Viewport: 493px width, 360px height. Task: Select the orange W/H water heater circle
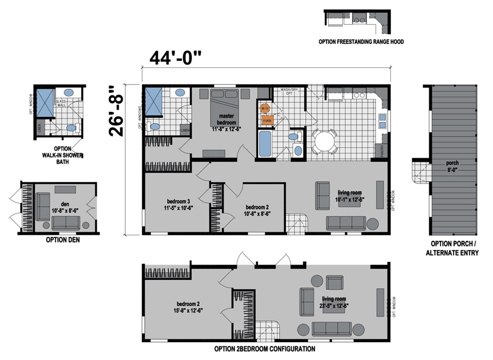[265, 109]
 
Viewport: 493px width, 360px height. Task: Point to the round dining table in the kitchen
[325, 140]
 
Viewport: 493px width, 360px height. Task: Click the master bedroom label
[226, 119]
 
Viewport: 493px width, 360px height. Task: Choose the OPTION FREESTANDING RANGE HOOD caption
[360, 41]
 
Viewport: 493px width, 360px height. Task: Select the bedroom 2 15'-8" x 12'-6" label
[189, 306]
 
